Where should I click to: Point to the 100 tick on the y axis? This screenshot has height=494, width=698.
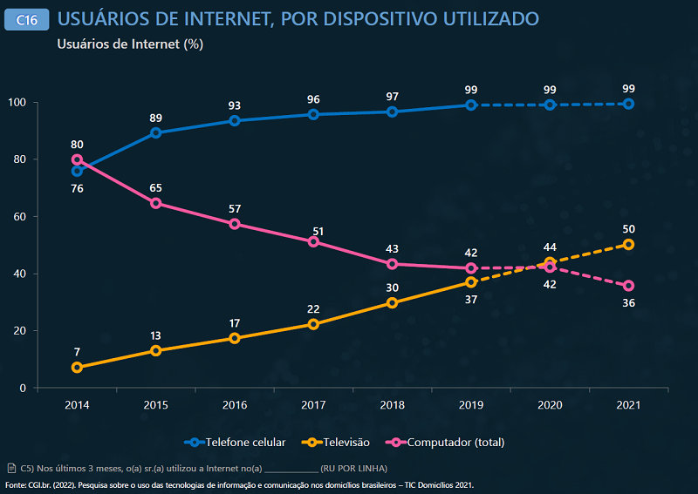pos(17,103)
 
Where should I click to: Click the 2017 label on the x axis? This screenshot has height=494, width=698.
pos(313,405)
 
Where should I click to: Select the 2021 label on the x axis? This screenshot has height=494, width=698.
pos(627,405)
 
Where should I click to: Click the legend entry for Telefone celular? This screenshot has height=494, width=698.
pos(236,443)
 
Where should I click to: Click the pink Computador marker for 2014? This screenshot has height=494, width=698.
pos(77,159)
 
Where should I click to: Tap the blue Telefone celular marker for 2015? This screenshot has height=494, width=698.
pos(155,133)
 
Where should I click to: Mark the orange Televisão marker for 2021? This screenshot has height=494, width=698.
pos(628,245)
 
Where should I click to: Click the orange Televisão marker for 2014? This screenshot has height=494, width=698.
pos(77,368)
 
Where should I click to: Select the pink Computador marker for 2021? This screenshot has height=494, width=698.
pos(628,286)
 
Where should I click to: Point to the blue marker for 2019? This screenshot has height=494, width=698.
pos(470,105)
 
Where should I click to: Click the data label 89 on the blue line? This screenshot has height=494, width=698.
pos(155,118)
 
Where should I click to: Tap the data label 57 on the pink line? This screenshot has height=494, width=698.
pos(234,209)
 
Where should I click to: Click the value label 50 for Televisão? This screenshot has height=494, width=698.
pos(628,228)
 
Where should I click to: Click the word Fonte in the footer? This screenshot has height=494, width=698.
pos(15,484)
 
